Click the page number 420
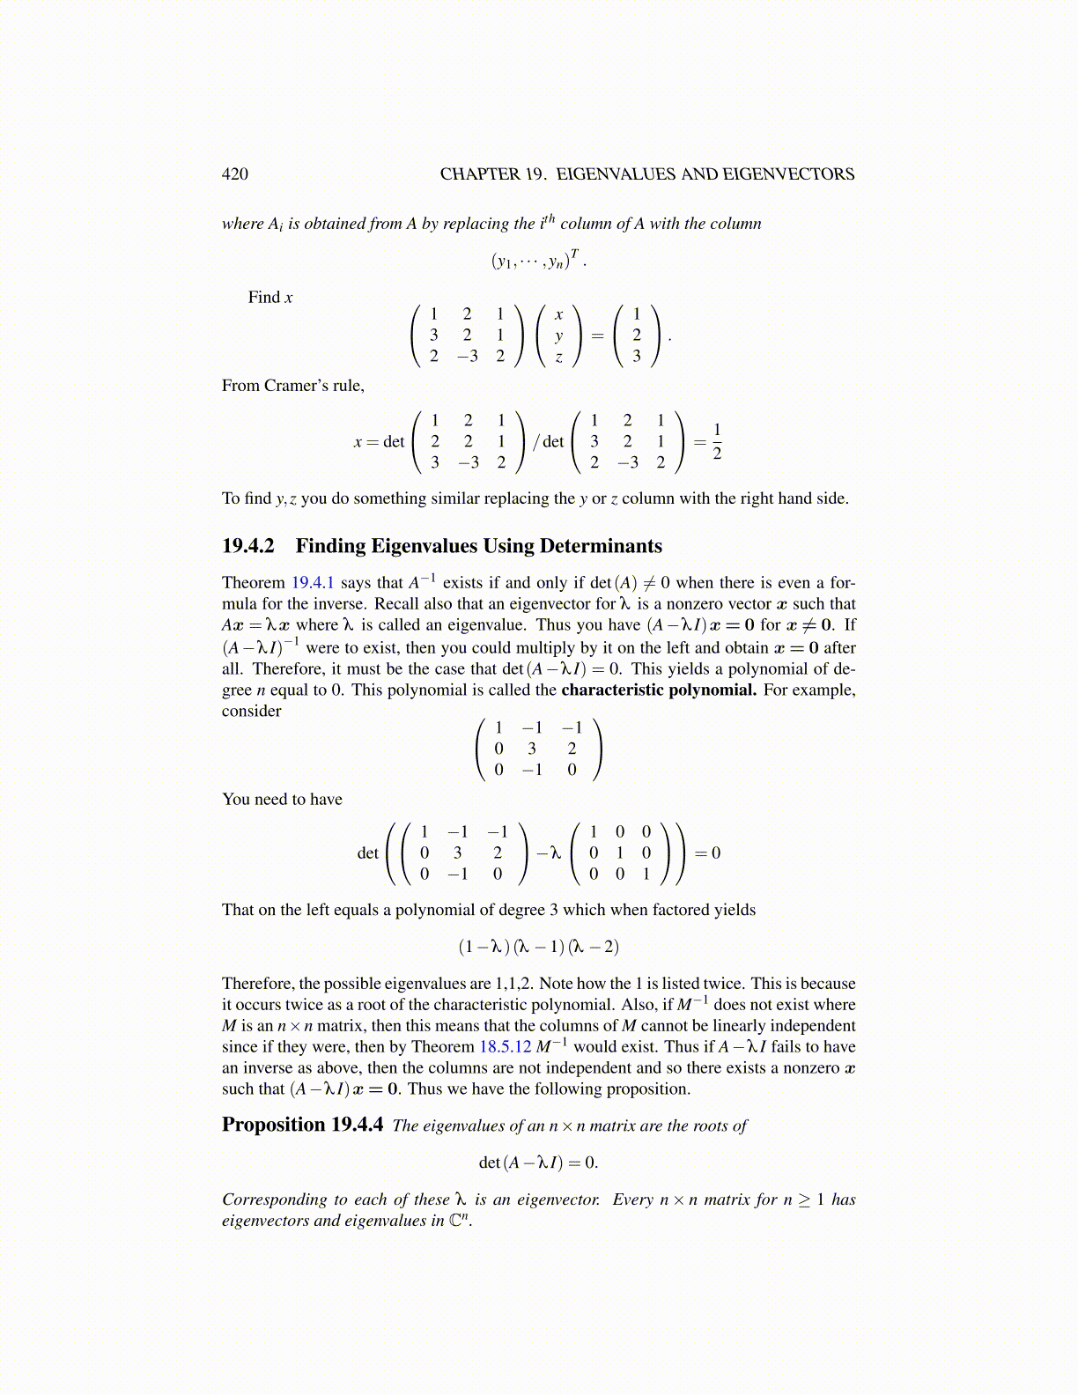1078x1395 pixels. click(235, 174)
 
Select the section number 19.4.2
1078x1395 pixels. click(247, 546)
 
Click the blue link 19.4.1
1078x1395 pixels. click(313, 583)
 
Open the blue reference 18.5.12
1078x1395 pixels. click(505, 1047)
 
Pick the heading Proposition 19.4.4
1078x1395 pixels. click(302, 1125)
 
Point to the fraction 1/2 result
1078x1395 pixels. click(717, 441)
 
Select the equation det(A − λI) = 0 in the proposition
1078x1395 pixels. click(538, 1162)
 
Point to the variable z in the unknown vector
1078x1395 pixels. click(558, 357)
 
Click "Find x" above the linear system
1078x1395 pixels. click(270, 298)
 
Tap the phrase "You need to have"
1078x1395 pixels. click(282, 800)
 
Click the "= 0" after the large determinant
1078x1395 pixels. click(708, 852)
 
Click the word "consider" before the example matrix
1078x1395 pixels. click(252, 711)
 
